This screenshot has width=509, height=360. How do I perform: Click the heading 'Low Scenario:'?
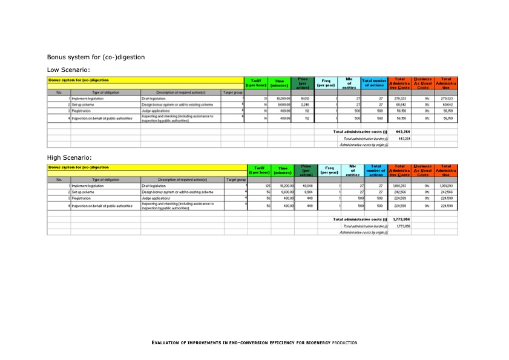click(68, 70)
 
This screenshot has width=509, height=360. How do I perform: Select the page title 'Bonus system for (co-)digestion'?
click(96, 57)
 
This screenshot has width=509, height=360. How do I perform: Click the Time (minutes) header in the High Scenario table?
click(283, 170)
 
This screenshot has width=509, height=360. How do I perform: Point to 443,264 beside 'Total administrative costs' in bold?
click(404, 131)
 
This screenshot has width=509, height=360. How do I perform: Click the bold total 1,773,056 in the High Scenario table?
click(403, 219)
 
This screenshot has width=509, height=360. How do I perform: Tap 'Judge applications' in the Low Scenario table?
click(156, 111)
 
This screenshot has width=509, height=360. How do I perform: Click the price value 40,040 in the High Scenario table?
click(305, 185)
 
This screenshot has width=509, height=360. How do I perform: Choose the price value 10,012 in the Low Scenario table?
click(304, 98)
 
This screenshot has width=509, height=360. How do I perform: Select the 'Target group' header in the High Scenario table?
click(235, 180)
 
